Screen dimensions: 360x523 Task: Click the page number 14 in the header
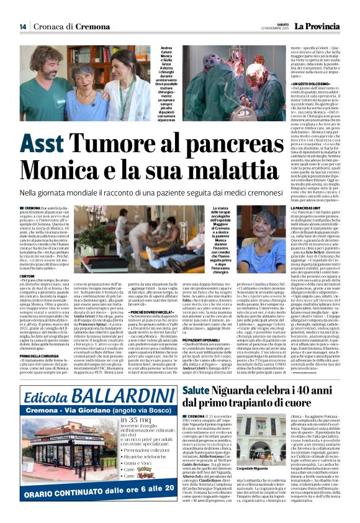coord(22,27)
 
